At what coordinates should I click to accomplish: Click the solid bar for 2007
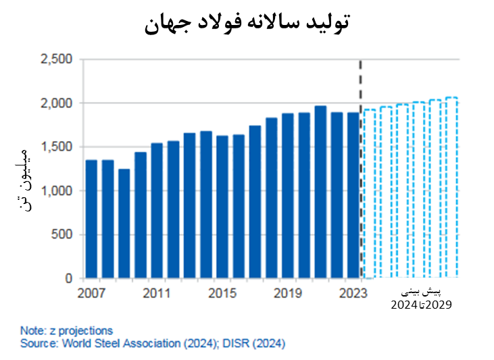coord(91,220)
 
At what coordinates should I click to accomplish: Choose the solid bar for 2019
coord(288,196)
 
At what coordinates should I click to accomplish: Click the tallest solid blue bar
coord(320,192)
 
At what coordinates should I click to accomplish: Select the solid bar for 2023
coord(353,195)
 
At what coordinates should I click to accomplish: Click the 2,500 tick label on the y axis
coord(57,59)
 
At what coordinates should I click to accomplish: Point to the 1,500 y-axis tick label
coord(57,147)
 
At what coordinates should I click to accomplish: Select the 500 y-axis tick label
coord(62,234)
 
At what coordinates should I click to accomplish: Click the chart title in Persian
coord(247,24)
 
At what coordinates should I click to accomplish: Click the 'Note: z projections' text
coord(66,330)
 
